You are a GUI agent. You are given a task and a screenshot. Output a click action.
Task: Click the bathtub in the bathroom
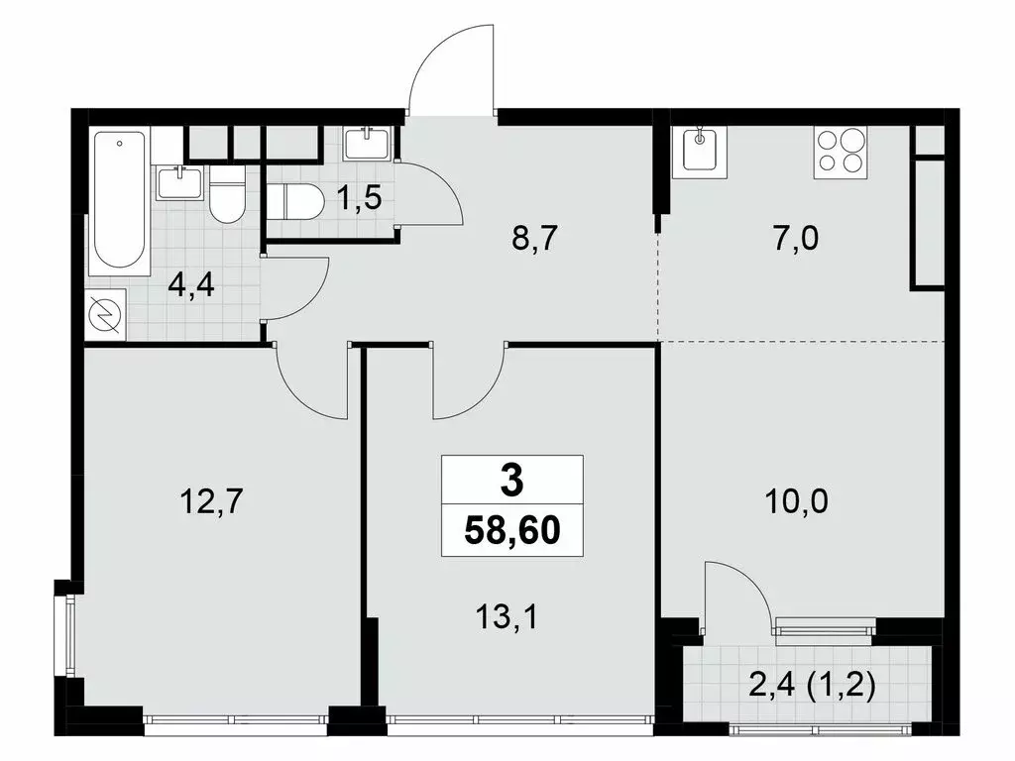pos(119,202)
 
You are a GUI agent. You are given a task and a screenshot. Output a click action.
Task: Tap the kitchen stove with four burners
pos(839,153)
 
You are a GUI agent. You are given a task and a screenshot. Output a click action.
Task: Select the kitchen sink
pos(701,151)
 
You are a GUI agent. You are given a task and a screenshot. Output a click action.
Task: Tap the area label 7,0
pos(799,240)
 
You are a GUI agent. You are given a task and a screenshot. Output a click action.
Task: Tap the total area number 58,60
pos(512,533)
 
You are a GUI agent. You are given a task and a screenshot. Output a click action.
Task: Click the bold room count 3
pos(511,483)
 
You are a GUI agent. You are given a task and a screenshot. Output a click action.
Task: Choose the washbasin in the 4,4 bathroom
pos(178,184)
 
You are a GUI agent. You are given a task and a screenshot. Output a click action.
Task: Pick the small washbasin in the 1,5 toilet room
pos(369,144)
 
